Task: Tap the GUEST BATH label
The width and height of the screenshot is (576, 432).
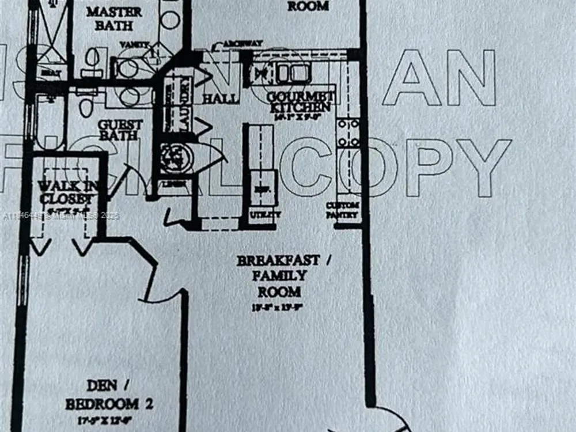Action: (120, 130)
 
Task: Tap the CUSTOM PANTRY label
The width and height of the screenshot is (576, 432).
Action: (343, 210)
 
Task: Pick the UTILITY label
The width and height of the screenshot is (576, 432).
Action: (265, 214)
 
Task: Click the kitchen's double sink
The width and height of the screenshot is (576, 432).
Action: (291, 73)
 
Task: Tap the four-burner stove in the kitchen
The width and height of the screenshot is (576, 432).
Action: (348, 132)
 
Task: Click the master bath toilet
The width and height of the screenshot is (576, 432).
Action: (92, 58)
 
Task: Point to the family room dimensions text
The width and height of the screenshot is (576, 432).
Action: (278, 307)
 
